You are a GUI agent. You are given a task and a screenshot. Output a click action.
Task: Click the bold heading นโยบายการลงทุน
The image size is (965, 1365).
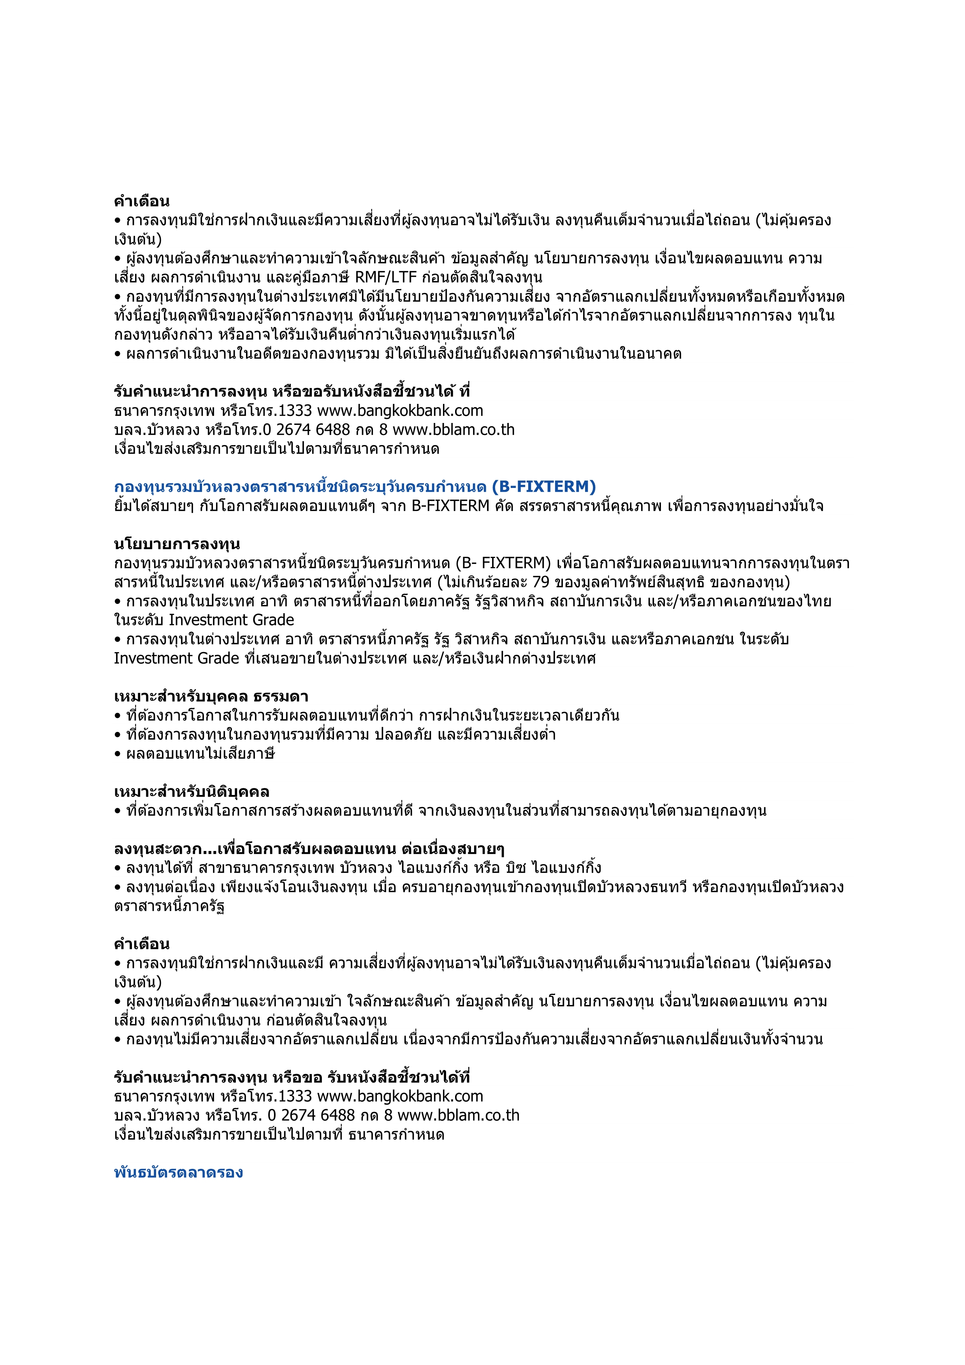pyautogui.click(x=177, y=544)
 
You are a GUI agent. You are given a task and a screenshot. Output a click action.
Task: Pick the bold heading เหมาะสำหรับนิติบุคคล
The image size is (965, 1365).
pyautogui.click(x=192, y=791)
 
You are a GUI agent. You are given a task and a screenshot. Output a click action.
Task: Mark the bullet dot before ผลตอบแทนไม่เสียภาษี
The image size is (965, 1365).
pyautogui.click(x=118, y=754)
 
